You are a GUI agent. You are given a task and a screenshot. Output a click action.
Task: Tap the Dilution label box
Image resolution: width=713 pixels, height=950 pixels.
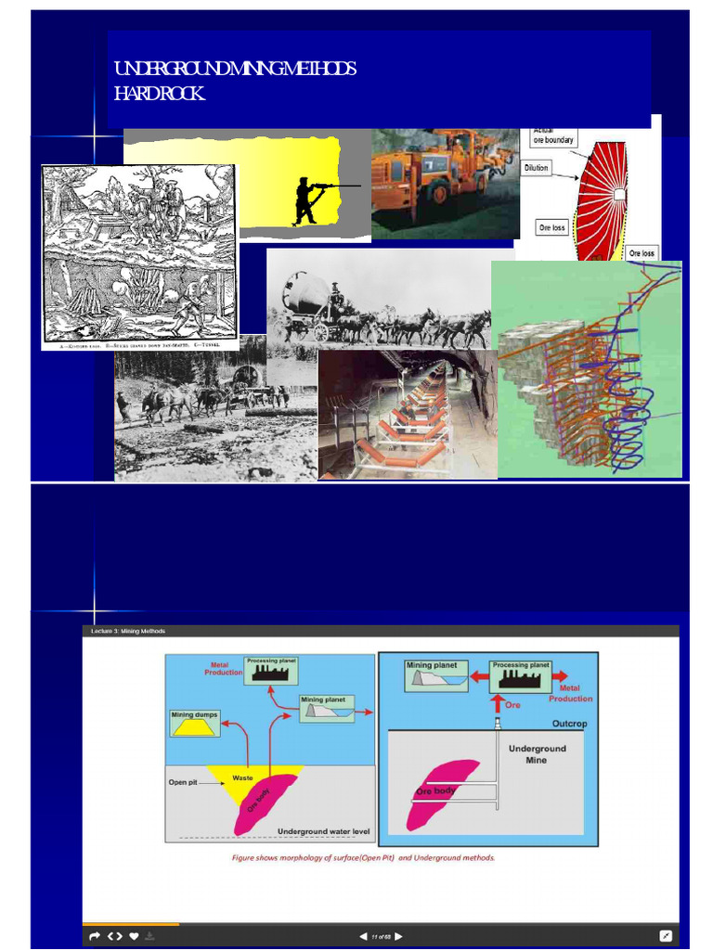click(537, 168)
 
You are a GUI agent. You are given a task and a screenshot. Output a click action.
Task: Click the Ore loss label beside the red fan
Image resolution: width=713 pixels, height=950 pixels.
click(552, 227)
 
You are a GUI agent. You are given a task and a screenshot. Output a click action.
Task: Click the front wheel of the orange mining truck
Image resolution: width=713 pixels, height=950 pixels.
click(435, 192)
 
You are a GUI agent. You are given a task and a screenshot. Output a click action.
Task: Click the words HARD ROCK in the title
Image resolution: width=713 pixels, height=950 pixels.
click(159, 94)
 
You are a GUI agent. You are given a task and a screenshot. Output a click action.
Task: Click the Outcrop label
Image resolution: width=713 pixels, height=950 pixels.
click(570, 724)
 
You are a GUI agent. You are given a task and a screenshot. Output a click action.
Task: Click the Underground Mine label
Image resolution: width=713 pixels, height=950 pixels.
click(537, 753)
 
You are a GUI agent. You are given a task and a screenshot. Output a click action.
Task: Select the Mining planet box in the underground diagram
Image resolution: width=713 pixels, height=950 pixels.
click(436, 674)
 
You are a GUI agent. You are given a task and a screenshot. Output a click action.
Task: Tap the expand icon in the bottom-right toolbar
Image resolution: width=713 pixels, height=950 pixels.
click(666, 935)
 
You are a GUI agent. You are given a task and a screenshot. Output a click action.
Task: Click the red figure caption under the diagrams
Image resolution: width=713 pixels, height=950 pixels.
click(363, 857)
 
